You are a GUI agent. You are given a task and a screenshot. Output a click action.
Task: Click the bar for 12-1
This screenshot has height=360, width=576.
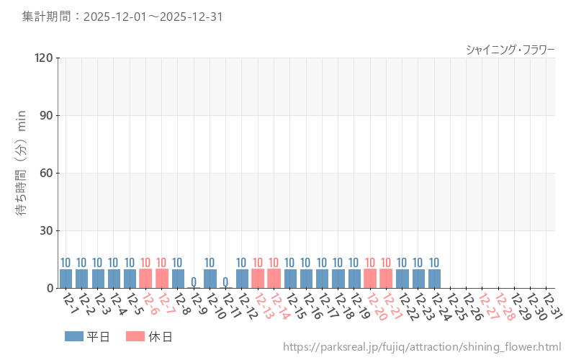click(x=66, y=279)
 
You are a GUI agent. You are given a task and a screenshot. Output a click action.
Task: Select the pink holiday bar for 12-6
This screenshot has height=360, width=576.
click(x=145, y=279)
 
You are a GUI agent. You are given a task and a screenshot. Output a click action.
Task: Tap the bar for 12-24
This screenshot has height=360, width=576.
click(x=434, y=279)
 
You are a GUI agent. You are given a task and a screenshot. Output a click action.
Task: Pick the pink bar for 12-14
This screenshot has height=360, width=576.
click(x=274, y=279)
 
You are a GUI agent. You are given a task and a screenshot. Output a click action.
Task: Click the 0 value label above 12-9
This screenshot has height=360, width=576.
click(x=194, y=282)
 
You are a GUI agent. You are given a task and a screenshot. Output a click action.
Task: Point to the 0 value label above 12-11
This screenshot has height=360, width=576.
click(x=225, y=282)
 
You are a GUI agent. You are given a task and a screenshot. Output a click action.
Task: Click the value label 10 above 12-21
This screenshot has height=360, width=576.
click(x=386, y=263)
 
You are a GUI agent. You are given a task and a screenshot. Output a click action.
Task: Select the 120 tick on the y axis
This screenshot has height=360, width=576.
click(x=44, y=58)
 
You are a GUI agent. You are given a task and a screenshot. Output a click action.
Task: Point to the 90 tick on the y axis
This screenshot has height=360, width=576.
click(x=47, y=115)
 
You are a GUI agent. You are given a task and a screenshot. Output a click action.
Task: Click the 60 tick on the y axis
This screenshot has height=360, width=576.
click(x=47, y=173)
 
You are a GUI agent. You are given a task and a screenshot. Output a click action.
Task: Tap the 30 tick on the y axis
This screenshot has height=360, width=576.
click(x=47, y=230)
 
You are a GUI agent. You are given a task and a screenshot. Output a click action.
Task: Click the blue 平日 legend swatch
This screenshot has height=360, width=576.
click(x=74, y=336)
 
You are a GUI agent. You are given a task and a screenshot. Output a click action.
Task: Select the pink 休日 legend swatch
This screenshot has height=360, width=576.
click(x=135, y=336)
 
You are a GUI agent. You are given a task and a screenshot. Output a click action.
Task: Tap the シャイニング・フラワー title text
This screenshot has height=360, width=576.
click(x=510, y=49)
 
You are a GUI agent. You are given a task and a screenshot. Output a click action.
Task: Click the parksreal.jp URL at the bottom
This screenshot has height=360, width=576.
click(x=421, y=347)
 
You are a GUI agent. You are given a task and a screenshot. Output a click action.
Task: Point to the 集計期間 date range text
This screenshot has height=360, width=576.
click(x=122, y=17)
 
